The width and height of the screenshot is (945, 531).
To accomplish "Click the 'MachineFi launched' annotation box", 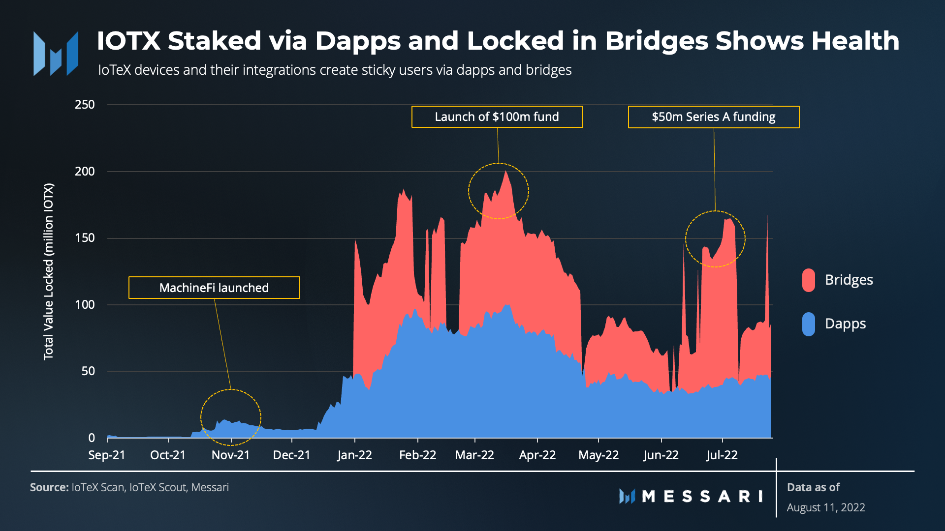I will tap(214, 288).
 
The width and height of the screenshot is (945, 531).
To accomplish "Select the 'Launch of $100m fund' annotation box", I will tap(497, 117).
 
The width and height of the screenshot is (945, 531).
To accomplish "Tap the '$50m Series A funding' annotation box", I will tap(714, 117).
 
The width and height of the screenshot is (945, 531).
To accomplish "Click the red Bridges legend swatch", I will tap(808, 280).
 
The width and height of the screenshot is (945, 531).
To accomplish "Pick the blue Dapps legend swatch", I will tap(808, 324).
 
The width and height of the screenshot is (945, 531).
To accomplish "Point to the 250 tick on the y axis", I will tap(85, 105).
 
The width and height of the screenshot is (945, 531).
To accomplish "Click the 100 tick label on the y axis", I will tap(85, 305).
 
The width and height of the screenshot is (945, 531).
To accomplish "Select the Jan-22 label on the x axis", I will tap(354, 455).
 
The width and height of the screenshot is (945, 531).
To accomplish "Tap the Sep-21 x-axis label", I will tap(107, 455).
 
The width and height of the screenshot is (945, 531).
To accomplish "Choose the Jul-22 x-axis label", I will tap(722, 455).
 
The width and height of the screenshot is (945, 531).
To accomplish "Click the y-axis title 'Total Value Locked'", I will tap(48, 271).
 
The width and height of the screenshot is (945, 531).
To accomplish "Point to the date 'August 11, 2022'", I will tap(826, 508).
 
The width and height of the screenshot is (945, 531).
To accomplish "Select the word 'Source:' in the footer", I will tap(49, 488).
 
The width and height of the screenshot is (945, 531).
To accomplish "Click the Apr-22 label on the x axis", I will tap(537, 455).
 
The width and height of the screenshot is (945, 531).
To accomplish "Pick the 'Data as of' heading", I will tap(813, 488).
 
